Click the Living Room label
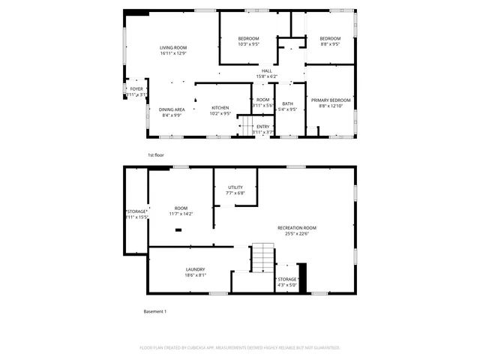[x=172, y=48]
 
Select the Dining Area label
[x=171, y=109]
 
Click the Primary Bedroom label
[x=330, y=100]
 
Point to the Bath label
[x=287, y=103]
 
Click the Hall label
[x=266, y=71]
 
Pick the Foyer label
[x=136, y=88]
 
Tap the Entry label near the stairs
[x=262, y=126]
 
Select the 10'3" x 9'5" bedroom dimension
[x=248, y=44]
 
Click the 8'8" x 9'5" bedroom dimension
[x=330, y=44]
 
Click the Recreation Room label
[x=297, y=227]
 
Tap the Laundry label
[x=196, y=269]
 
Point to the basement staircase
[x=262, y=259]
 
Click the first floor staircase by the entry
[x=245, y=124]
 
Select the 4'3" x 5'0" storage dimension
[x=287, y=285]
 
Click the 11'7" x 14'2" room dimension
[x=181, y=214]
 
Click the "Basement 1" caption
[x=154, y=311]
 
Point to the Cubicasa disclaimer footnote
[x=240, y=347]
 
